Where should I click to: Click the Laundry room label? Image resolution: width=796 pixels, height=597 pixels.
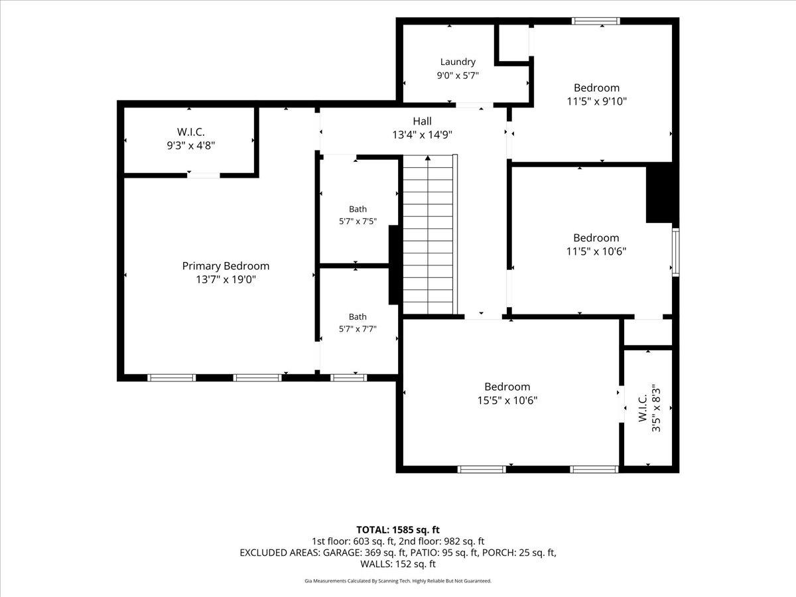(x=458, y=62)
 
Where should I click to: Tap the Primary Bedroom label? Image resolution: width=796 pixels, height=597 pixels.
(x=226, y=266)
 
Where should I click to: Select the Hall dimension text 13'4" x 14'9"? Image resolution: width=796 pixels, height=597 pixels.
(x=422, y=135)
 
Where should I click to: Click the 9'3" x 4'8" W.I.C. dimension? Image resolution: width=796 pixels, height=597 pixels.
(x=191, y=145)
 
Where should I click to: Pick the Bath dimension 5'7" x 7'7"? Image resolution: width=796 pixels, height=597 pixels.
(x=358, y=329)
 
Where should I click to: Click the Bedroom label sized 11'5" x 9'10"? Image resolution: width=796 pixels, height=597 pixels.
(x=596, y=88)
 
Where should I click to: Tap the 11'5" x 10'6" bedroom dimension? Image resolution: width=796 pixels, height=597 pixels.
(x=596, y=251)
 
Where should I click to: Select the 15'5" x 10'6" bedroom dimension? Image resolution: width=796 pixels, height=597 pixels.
(x=507, y=400)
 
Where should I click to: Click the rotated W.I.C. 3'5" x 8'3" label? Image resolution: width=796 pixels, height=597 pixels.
(x=649, y=408)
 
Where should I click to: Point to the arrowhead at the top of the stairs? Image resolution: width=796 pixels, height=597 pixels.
(x=428, y=158)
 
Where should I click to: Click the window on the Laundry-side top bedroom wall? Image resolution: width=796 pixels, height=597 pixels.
(x=596, y=21)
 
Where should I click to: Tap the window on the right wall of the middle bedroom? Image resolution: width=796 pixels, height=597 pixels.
(x=675, y=252)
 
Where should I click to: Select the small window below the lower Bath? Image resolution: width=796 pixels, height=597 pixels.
(x=348, y=377)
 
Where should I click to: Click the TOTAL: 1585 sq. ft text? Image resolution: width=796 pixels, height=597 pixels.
(x=398, y=529)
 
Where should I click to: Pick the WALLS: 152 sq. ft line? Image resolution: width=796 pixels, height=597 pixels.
(x=398, y=564)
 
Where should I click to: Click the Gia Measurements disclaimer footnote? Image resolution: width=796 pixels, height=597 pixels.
(x=398, y=580)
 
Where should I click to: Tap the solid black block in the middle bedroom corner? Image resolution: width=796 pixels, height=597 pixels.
(x=659, y=193)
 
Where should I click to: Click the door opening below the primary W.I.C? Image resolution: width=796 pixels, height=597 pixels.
(x=204, y=175)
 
